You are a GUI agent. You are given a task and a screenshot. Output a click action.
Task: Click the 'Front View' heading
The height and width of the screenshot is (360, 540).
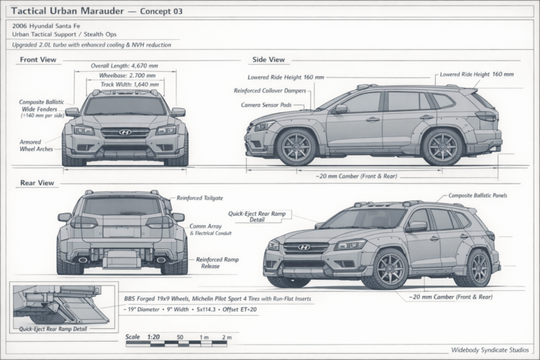coord(38,60)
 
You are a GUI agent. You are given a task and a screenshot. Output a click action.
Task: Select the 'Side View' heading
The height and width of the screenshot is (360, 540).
coord(269,60)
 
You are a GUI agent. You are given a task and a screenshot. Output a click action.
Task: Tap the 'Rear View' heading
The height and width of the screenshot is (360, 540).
coord(37,183)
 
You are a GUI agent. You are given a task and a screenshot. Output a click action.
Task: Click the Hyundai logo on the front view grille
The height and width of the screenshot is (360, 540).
coord(125,132)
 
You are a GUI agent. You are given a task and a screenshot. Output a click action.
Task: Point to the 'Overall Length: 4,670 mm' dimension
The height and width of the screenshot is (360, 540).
coord(124,66)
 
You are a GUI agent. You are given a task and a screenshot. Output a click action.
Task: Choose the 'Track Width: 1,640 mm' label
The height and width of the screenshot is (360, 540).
coord(130,84)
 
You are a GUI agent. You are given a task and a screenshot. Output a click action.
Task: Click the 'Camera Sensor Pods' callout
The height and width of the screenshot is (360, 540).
coord(266,105)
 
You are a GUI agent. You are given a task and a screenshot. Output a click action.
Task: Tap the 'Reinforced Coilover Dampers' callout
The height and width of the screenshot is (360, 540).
coord(270,91)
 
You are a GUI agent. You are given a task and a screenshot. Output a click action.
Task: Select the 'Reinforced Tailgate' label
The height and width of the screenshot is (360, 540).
coord(200,198)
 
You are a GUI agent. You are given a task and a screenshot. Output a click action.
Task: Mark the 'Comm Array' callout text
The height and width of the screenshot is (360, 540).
coord(205,226)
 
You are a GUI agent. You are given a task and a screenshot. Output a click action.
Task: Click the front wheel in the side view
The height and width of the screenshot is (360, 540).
coord(297,147)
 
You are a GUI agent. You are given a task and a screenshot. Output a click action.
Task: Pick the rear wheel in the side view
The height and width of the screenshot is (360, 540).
coord(442,147)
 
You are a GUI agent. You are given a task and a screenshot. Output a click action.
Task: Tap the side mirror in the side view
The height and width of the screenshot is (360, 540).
coord(341,109)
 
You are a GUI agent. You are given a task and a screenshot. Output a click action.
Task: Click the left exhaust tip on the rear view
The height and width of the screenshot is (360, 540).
coord(83,259)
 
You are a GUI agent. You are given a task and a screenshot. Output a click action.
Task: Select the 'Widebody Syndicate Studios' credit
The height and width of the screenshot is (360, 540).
coord(490,350)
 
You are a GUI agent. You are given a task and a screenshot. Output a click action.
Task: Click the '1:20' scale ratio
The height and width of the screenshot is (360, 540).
coord(153,337)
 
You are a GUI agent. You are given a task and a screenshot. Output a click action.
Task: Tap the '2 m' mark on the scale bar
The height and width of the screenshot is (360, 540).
coord(226,337)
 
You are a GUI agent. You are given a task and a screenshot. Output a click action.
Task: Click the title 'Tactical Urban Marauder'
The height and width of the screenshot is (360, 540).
coord(67,11)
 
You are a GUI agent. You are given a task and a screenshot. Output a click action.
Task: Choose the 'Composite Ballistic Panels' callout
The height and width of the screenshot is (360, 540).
coord(477,195)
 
